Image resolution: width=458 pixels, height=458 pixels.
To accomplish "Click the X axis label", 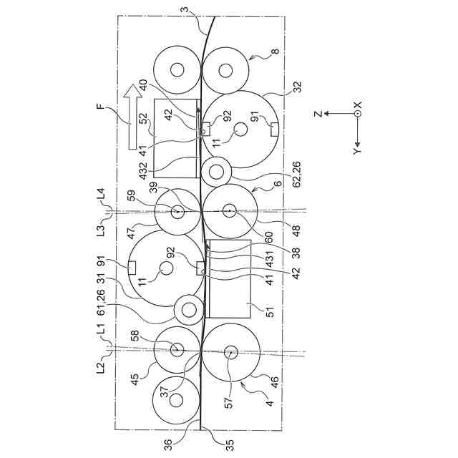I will click(x=357, y=104).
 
